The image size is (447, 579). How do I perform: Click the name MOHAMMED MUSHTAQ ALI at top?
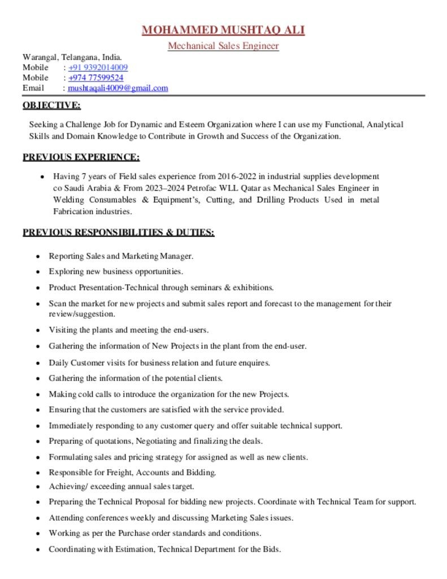point(223,30)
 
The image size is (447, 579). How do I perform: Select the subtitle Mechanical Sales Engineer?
point(223,46)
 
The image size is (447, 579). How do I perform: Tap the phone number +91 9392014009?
point(98,67)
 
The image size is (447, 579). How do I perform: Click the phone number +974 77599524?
point(96,77)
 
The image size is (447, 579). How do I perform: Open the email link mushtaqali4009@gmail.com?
point(118,88)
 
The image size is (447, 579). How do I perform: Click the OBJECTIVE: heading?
point(51,105)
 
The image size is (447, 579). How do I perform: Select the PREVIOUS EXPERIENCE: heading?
point(81,157)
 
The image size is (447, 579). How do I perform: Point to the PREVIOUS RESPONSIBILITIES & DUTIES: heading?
point(118,232)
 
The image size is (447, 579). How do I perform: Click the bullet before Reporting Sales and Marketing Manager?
point(37,256)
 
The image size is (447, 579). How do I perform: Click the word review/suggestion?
point(82,314)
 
